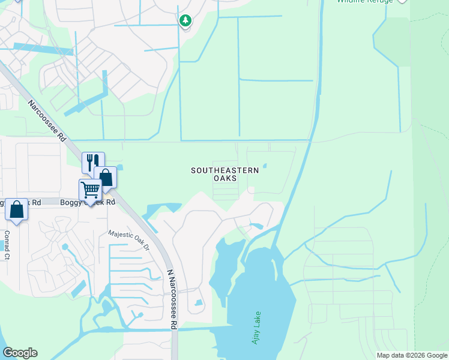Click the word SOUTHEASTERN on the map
point(225,170)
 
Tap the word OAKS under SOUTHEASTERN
point(225,179)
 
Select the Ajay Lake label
point(257,328)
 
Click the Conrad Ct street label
point(7,245)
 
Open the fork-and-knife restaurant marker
point(93,162)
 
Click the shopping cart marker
point(90,190)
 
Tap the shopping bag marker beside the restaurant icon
point(106,177)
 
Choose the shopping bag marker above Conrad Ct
point(16,209)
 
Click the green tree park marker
point(185,21)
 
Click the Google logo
point(20,353)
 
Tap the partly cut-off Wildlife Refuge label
point(364,2)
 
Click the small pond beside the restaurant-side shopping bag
point(120,167)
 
